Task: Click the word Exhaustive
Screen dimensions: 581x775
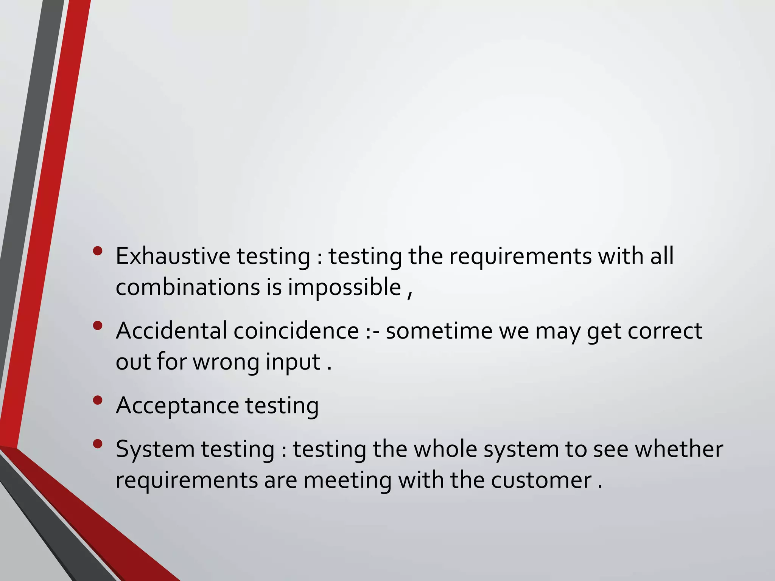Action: (173, 256)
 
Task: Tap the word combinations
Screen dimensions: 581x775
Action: (187, 287)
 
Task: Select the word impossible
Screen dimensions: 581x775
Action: (344, 287)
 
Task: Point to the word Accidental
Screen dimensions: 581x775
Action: (171, 331)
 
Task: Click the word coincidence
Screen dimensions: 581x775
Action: (296, 331)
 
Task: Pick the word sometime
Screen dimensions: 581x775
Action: (439, 331)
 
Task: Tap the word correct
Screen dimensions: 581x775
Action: (665, 331)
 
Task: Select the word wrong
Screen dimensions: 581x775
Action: (226, 362)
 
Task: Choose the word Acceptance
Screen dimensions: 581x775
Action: (177, 406)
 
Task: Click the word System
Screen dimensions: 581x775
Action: (155, 449)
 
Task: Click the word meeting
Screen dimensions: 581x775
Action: (347, 481)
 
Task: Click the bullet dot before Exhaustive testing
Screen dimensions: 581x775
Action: (98, 251)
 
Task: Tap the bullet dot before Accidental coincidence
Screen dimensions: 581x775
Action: (98, 325)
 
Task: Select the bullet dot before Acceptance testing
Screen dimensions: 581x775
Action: (98, 400)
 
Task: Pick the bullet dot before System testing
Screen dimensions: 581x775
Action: (98, 444)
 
